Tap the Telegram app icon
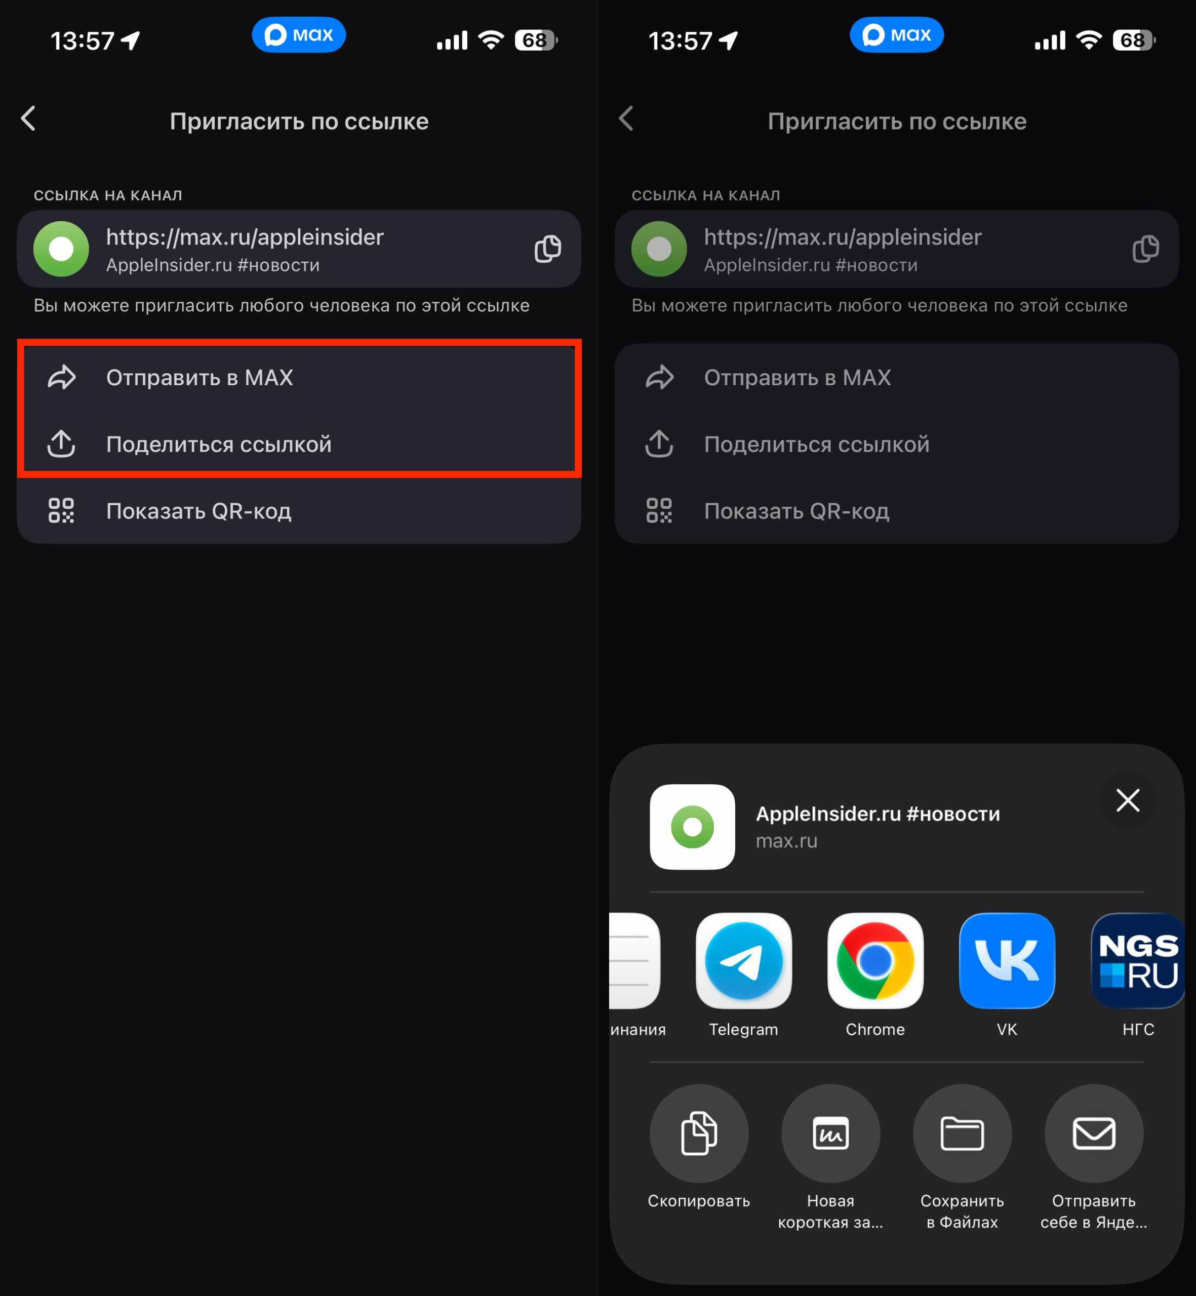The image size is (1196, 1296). click(744, 961)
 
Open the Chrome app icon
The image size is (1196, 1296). click(875, 961)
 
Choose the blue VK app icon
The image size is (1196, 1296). click(1007, 961)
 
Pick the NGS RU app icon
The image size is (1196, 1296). click(1138, 961)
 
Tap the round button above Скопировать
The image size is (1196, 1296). click(699, 1133)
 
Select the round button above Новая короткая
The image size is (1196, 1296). click(830, 1133)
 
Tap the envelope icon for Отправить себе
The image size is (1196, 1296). click(1094, 1133)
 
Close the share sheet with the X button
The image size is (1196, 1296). click(1128, 800)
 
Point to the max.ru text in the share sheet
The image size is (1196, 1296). click(786, 841)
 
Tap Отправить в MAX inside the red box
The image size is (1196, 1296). click(200, 378)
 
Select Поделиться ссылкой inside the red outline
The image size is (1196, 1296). click(219, 444)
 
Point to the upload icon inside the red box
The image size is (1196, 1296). click(61, 444)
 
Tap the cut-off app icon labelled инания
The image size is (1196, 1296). click(635, 961)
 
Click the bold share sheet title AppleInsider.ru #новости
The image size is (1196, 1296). click(878, 814)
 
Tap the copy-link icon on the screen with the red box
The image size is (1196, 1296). click(547, 249)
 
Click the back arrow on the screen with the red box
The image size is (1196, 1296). click(28, 118)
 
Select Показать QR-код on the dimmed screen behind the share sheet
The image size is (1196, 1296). click(796, 511)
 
